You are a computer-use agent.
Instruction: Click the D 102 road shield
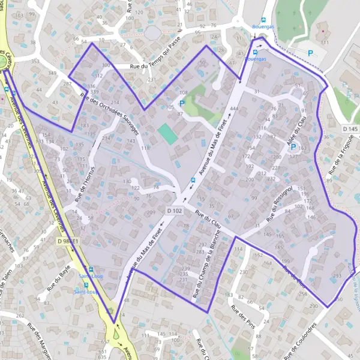pyautogui.click(x=175, y=211)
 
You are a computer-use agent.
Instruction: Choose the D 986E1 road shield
pyautogui.click(x=68, y=241)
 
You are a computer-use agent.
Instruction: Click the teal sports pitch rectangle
pyautogui.click(x=169, y=134)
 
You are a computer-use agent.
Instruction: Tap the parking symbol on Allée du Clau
pyautogui.click(x=293, y=146)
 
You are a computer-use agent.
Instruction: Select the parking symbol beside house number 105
pyautogui.click(x=181, y=103)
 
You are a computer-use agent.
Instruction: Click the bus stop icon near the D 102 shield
pyautogui.click(x=193, y=179)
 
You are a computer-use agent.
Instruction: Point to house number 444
pyautogui.click(x=234, y=109)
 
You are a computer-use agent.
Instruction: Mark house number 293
pyautogui.click(x=337, y=276)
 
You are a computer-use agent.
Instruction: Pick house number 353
pyautogui.click(x=35, y=61)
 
